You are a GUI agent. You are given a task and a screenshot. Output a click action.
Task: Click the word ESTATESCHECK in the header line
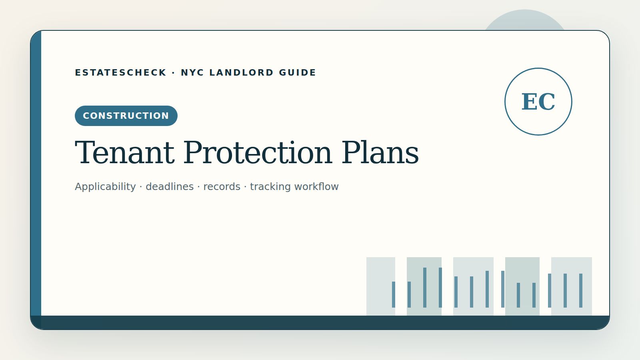[x=120, y=72]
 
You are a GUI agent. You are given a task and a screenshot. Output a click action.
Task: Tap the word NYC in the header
[x=192, y=72]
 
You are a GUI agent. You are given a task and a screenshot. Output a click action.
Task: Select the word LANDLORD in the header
[x=242, y=72]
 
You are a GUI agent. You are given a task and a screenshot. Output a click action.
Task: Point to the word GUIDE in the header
[x=298, y=72]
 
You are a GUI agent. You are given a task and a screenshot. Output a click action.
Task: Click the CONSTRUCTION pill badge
[x=126, y=116]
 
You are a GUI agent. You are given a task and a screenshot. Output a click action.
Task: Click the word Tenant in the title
[x=124, y=152]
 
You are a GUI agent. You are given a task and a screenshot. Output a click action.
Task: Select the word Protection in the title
[x=258, y=152]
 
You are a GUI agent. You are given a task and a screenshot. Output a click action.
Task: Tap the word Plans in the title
[x=380, y=152]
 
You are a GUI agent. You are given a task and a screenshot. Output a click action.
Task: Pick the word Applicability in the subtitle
[x=105, y=186]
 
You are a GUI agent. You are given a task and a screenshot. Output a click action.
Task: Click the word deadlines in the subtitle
[x=170, y=186]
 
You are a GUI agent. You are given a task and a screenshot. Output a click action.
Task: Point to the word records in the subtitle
[x=222, y=186]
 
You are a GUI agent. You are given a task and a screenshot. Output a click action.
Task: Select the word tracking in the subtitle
[x=270, y=186]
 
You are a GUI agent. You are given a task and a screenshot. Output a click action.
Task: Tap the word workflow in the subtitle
[x=316, y=186]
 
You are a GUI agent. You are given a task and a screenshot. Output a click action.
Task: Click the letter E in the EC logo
[x=530, y=102]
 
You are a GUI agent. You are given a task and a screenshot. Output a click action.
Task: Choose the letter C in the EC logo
[x=547, y=102]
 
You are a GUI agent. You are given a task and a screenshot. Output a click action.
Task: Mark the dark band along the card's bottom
[x=320, y=322]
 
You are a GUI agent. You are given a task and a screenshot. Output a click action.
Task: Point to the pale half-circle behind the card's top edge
[x=524, y=20]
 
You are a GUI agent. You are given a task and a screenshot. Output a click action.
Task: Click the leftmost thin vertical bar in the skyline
[x=394, y=294]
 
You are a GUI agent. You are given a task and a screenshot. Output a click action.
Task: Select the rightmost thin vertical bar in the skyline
[x=580, y=290]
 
